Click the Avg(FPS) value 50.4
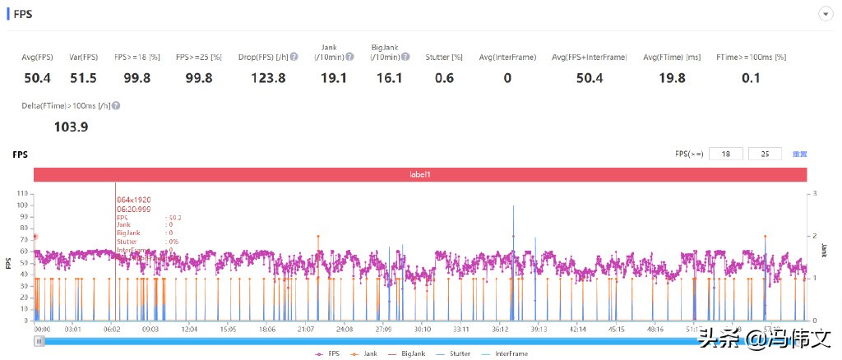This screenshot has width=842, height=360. pyautogui.click(x=37, y=78)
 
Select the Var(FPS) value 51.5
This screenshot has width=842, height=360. pyautogui.click(x=83, y=78)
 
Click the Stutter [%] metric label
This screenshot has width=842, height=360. pyautogui.click(x=444, y=57)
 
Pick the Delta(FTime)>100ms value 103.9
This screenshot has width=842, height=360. pyautogui.click(x=71, y=127)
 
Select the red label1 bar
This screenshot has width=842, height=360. pyautogui.click(x=420, y=174)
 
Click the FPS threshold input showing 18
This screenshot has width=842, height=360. pyautogui.click(x=724, y=154)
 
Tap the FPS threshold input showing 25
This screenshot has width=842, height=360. pyautogui.click(x=766, y=154)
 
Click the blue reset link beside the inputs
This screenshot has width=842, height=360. pyautogui.click(x=799, y=154)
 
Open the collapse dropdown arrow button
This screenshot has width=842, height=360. pyautogui.click(x=824, y=14)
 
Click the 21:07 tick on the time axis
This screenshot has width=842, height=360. pyautogui.click(x=305, y=329)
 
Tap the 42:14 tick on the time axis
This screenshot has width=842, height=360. pyautogui.click(x=577, y=329)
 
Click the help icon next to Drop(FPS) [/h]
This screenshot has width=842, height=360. pyautogui.click(x=294, y=57)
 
